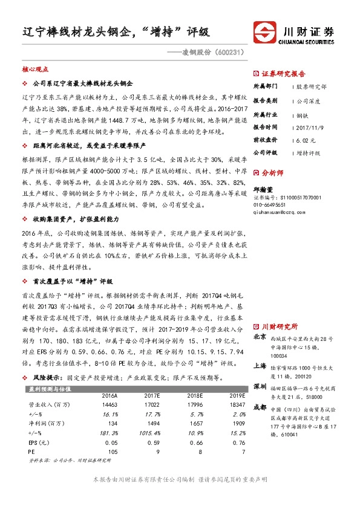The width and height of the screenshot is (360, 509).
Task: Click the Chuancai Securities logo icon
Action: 265,33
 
